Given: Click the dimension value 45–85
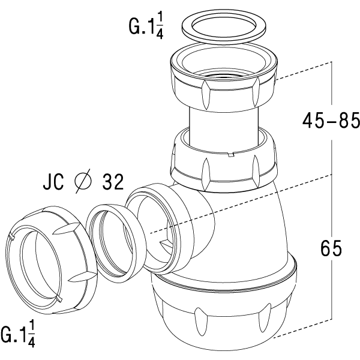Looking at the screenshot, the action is (331, 121).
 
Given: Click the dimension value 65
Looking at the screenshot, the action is (331, 248).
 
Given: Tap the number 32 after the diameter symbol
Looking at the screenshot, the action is (113, 181).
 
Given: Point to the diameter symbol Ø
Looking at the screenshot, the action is (83, 181).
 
